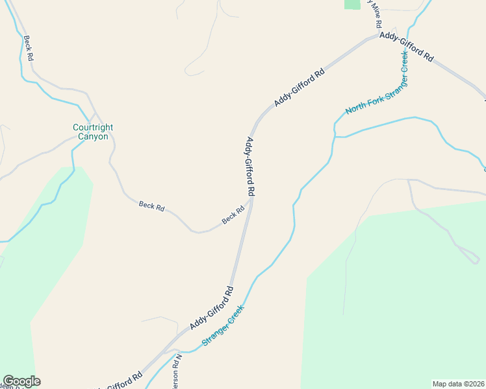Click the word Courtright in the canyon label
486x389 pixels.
pyautogui.click(x=94, y=128)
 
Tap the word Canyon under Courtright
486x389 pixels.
pyautogui.click(x=93, y=137)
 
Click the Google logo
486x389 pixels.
pyautogui.click(x=21, y=381)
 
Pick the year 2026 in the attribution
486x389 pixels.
pyautogui.click(x=476, y=384)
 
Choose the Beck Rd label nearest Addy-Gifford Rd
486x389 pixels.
pyautogui.click(x=233, y=215)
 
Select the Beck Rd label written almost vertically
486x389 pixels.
pyautogui.click(x=28, y=49)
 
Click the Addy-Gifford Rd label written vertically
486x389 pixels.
pyautogui.click(x=249, y=167)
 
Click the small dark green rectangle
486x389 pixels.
pyautogui.click(x=352, y=4)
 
